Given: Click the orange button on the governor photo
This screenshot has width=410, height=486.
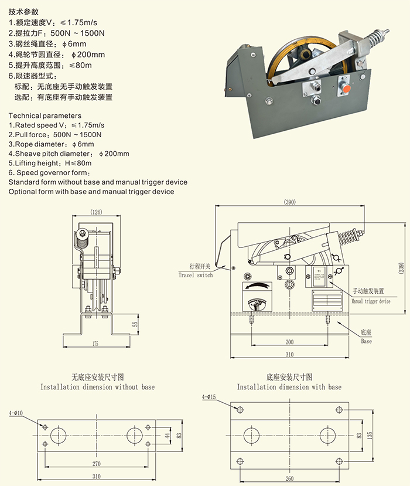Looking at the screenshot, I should (347, 88).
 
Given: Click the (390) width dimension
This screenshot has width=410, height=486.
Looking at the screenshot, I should (290, 202).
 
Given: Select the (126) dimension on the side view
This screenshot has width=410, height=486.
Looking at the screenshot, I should (97, 212).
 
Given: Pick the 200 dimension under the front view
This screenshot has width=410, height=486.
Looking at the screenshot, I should (289, 341).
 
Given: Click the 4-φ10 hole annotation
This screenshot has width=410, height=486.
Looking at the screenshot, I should (15, 413).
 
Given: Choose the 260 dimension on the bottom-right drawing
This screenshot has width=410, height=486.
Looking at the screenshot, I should (289, 478).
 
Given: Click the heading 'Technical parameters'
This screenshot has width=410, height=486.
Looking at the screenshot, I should (45, 115).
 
